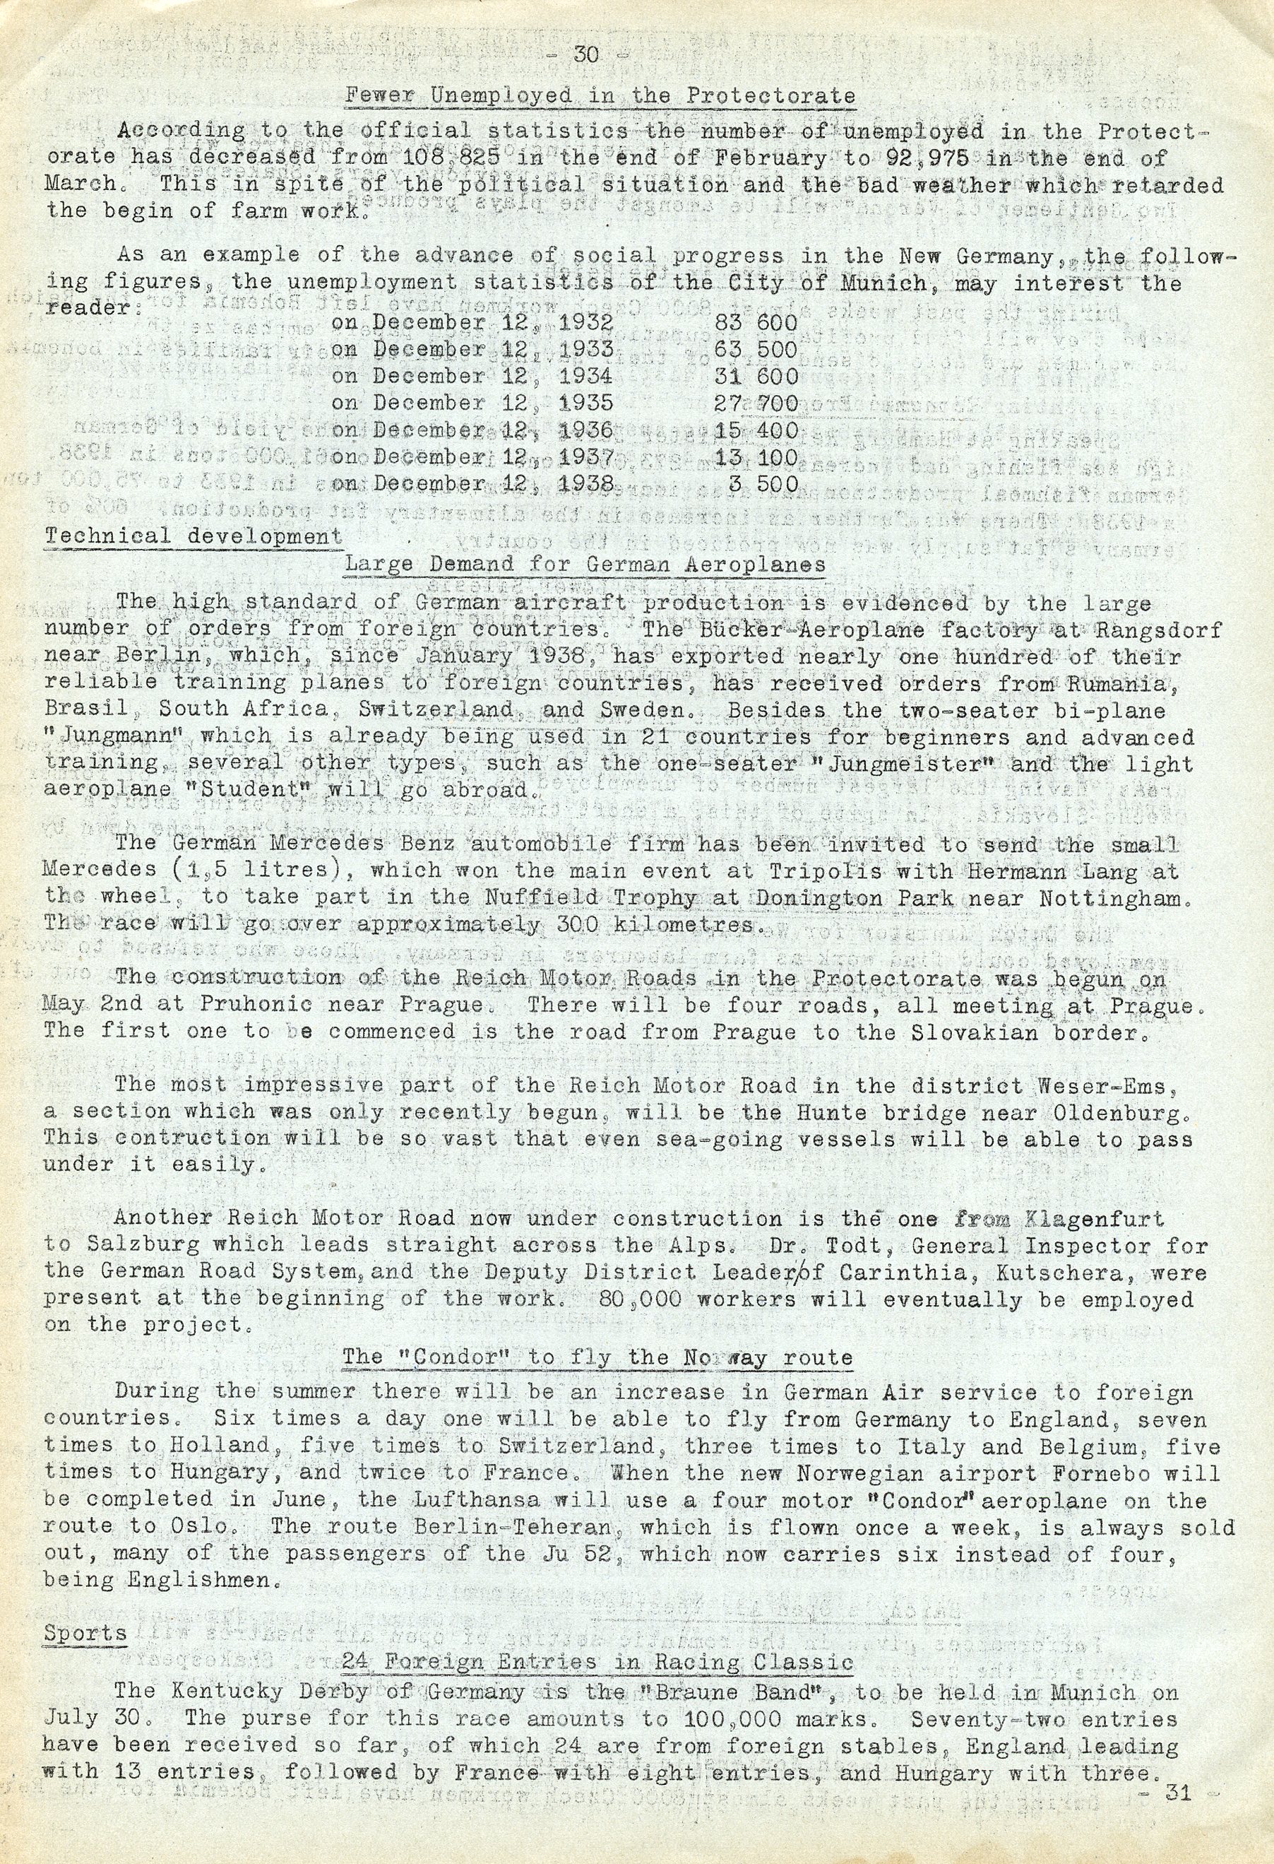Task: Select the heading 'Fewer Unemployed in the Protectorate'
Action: coord(600,96)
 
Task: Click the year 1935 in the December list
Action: coord(584,403)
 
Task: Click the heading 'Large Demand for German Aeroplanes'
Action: coord(585,565)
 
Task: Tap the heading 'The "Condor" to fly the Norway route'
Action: coord(597,1358)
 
